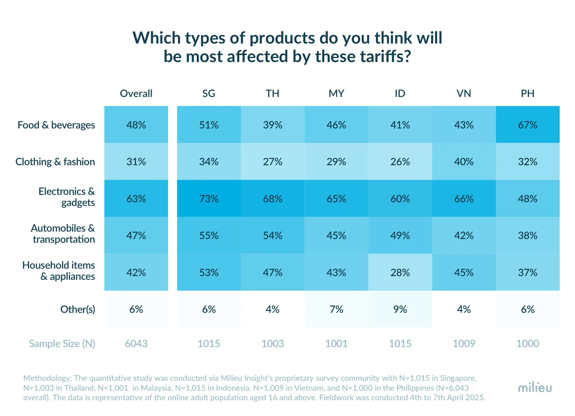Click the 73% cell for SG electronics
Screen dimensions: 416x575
[209, 199]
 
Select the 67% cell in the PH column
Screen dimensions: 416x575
[527, 125]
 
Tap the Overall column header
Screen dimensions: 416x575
[136, 93]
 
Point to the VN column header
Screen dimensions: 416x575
[464, 93]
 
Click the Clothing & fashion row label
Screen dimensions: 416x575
[55, 162]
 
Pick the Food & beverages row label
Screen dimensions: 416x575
[56, 125]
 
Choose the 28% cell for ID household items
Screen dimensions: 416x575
[400, 272]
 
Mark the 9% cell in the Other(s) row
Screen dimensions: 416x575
[400, 309]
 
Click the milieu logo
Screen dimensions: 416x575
[535, 388]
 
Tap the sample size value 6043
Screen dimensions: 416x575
[136, 343]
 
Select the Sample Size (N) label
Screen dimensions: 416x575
[62, 343]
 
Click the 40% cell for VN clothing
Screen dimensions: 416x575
[464, 162]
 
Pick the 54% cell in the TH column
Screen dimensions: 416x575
[272, 235]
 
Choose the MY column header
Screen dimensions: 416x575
[336, 93]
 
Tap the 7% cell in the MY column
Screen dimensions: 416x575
[336, 309]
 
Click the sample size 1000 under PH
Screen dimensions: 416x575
[527, 343]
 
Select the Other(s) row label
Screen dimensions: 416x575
[78, 309]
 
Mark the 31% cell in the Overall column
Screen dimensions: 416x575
[136, 162]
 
